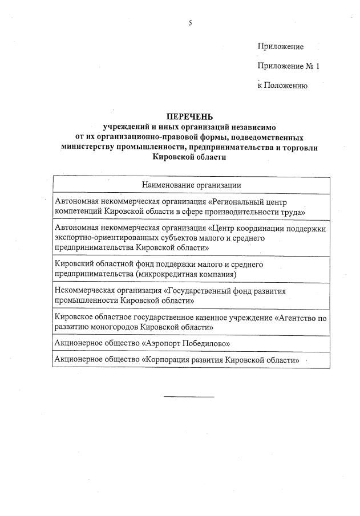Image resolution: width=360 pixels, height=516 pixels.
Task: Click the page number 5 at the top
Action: click(x=191, y=23)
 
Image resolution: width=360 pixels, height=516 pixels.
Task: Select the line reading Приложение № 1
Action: click(x=289, y=66)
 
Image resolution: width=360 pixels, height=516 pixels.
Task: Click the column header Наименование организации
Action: click(x=191, y=185)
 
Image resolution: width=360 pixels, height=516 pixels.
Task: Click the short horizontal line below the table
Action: click(x=189, y=396)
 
